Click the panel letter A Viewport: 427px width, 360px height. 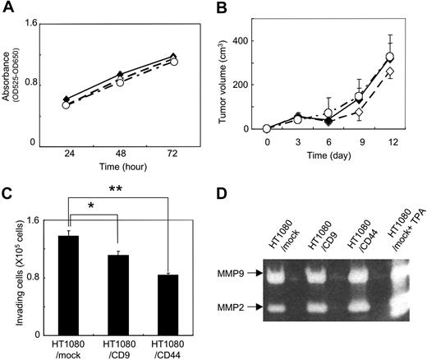click(x=7, y=10)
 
